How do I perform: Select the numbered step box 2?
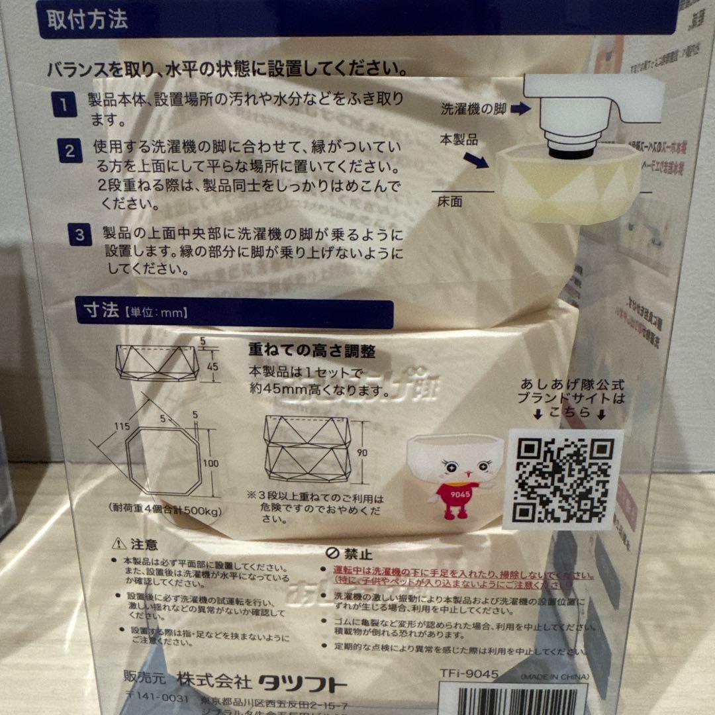[x=70, y=152]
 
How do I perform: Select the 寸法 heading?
[x=100, y=310]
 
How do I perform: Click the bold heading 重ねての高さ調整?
[x=302, y=350]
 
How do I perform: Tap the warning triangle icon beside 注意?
[x=119, y=544]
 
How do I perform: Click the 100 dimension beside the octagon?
[x=211, y=463]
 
